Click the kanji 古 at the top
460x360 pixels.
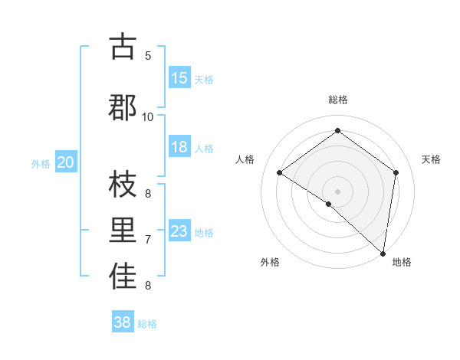[123, 47]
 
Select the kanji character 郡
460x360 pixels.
[123, 106]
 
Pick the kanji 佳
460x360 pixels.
[123, 277]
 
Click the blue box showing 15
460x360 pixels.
[179, 78]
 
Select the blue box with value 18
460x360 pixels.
[179, 147]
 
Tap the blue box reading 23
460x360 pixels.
[179, 231]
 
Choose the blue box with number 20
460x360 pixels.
[66, 162]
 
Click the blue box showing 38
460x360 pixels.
[123, 322]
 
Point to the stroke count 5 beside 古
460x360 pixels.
[148, 55]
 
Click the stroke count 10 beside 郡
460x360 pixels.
[148, 116]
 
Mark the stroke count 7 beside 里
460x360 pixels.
[148, 240]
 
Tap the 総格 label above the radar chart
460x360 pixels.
[338, 100]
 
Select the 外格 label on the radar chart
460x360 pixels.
[270, 262]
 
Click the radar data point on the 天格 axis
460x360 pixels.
[396, 172]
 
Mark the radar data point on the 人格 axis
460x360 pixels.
[280, 172]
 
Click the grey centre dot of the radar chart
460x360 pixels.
[338, 191]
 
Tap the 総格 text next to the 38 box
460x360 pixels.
[147, 324]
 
